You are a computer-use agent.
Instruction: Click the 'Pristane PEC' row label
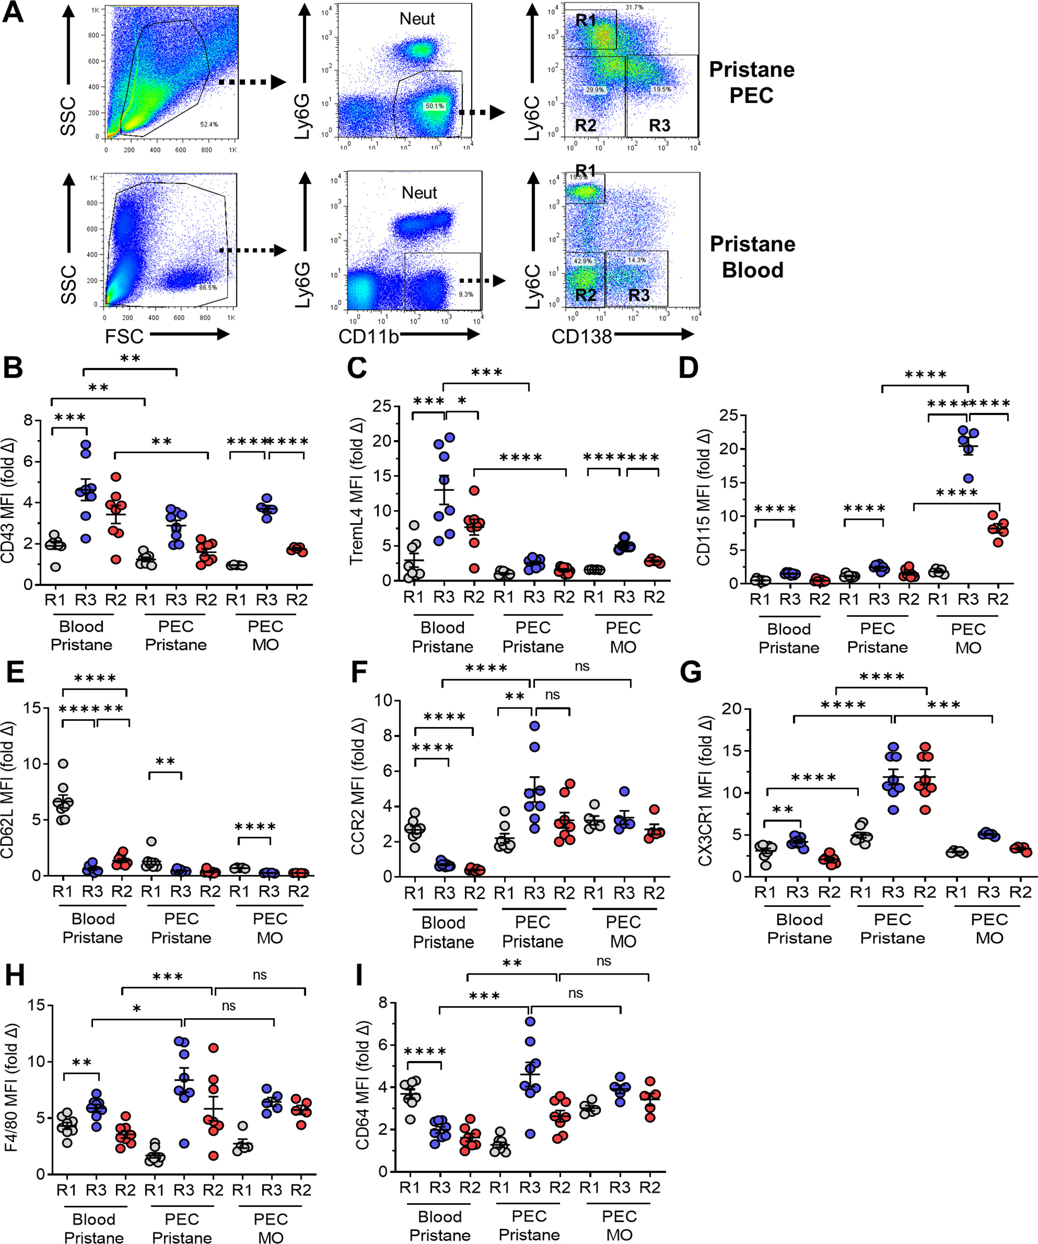751,82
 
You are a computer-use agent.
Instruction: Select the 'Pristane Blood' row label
752,257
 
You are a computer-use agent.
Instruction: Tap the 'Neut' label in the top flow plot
417,19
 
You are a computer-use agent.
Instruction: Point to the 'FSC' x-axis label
124,337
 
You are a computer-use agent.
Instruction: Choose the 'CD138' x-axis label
581,337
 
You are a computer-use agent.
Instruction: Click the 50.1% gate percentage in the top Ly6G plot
435,106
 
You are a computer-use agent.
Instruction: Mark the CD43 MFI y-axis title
8,501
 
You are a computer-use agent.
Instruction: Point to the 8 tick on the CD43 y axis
28,420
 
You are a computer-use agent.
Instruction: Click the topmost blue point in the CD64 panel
530,1021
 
